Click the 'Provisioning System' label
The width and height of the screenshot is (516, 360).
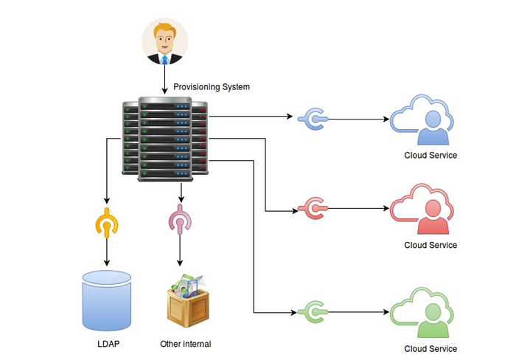click(212, 87)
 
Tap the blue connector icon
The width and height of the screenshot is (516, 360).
click(315, 118)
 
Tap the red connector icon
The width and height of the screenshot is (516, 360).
click(315, 210)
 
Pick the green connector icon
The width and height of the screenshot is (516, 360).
click(315, 310)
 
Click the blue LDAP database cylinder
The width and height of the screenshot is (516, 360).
click(107, 300)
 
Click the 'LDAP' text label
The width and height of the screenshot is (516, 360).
click(108, 344)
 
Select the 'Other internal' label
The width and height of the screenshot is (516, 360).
click(186, 344)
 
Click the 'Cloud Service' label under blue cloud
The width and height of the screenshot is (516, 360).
click(430, 156)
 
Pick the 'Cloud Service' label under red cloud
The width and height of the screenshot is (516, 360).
click(430, 245)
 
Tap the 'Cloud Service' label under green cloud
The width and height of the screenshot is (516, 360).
click(430, 349)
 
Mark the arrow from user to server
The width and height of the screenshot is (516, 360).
click(164, 80)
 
